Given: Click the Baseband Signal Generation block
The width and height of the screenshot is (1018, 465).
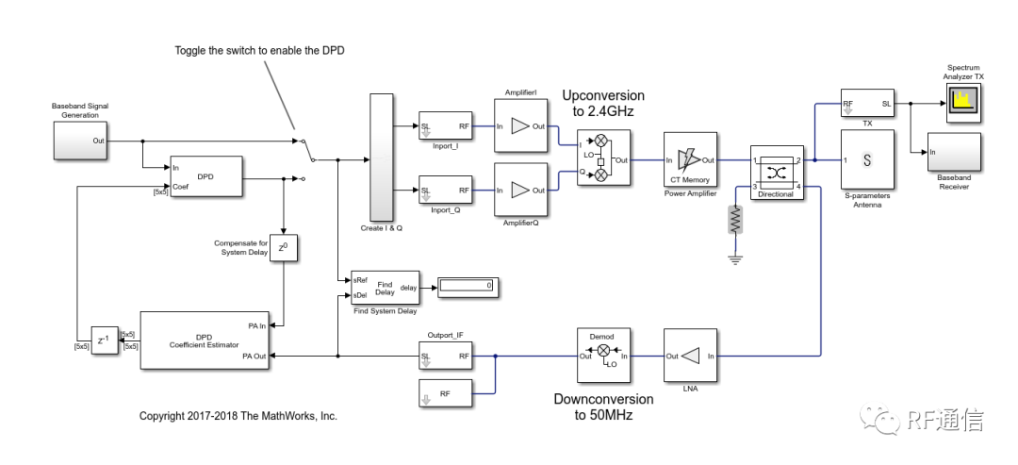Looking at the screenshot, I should (x=79, y=141).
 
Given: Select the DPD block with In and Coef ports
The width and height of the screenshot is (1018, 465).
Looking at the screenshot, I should (x=205, y=176).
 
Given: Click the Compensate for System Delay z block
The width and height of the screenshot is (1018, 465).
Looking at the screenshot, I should (x=284, y=248).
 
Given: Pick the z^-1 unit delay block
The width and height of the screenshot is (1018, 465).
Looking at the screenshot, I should (x=103, y=339).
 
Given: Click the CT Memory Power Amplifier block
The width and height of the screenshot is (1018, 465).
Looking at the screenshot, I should (x=691, y=160).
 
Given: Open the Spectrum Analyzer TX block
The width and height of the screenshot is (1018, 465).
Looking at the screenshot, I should (x=964, y=103).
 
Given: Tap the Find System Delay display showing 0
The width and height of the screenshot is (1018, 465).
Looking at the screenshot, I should (x=465, y=285).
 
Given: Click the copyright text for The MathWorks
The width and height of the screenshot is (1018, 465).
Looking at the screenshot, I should (x=238, y=416).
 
